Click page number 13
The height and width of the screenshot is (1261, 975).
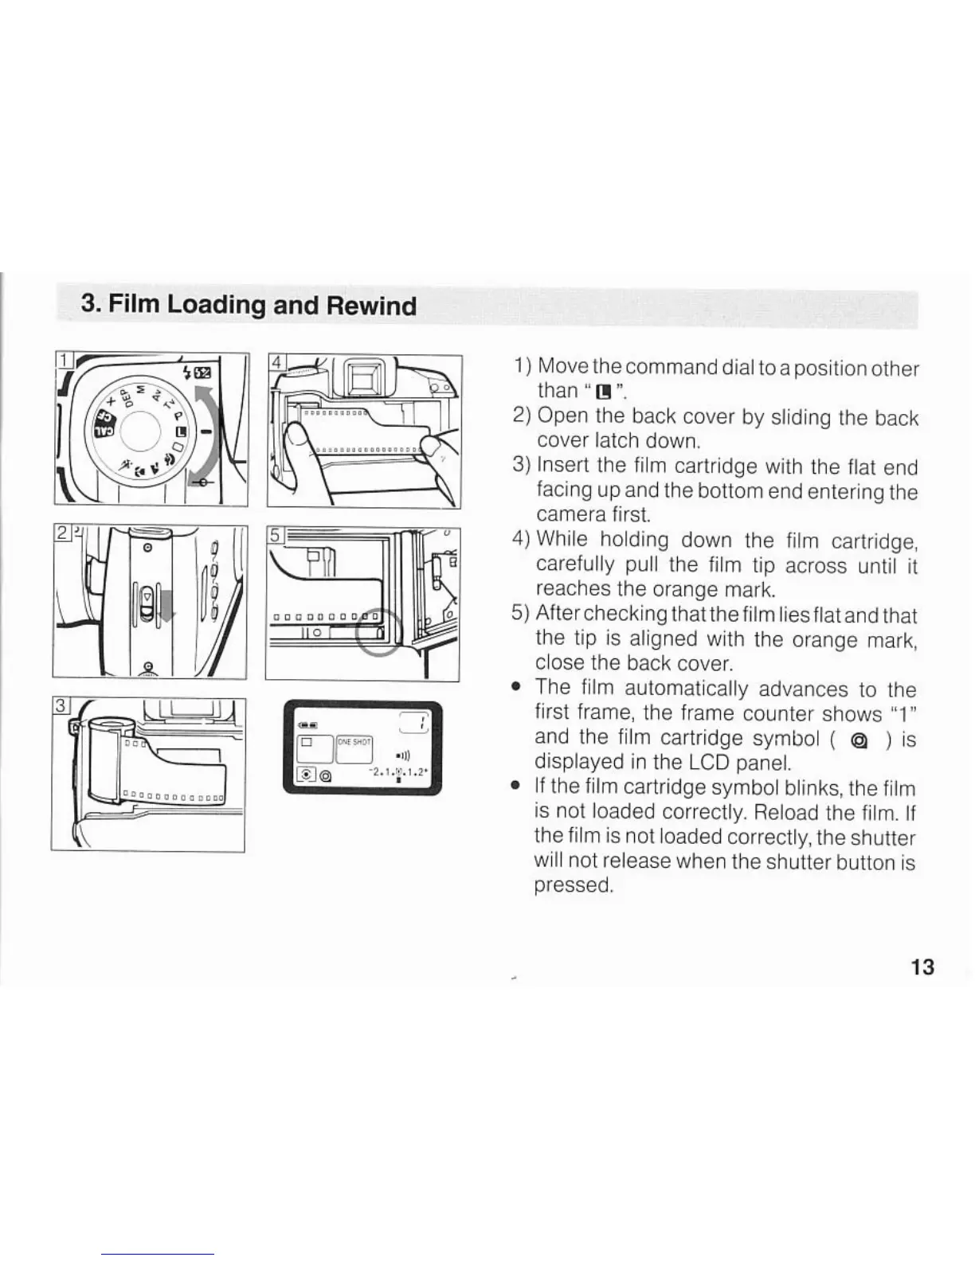[922, 967]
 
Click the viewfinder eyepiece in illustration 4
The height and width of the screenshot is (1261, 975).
[359, 377]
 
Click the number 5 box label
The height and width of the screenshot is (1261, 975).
[276, 535]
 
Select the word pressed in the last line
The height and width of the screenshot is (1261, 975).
[572, 886]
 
